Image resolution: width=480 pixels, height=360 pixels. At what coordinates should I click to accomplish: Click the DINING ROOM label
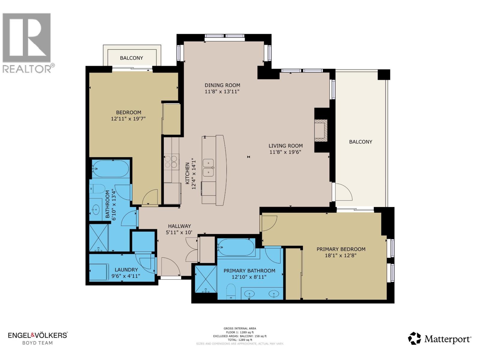pyautogui.click(x=222, y=85)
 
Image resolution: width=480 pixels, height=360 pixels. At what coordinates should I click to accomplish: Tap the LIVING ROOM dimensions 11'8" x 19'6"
pyautogui.click(x=285, y=152)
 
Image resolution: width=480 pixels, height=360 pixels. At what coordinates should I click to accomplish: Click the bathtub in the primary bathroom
pyautogui.click(x=236, y=247)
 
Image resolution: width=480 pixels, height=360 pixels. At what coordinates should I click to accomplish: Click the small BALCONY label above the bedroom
pyautogui.click(x=131, y=58)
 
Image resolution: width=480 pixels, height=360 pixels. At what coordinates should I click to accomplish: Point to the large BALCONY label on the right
pyautogui.click(x=360, y=142)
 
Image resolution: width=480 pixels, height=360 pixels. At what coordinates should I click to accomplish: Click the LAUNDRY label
pyautogui.click(x=126, y=270)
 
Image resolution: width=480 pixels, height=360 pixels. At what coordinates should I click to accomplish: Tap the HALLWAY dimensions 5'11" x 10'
pyautogui.click(x=179, y=232)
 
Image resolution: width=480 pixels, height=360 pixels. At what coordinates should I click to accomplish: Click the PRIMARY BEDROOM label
pyautogui.click(x=341, y=249)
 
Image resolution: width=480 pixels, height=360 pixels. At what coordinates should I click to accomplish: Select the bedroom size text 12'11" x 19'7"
pyautogui.click(x=128, y=119)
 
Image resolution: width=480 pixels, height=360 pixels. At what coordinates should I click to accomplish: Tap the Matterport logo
pyautogui.click(x=439, y=339)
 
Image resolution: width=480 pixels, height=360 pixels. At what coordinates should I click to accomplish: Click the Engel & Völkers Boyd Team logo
pyautogui.click(x=37, y=338)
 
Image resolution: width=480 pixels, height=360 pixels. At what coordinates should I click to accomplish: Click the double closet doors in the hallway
pyautogui.click(x=192, y=249)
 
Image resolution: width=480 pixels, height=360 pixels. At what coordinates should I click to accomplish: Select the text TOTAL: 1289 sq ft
pyautogui.click(x=240, y=340)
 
